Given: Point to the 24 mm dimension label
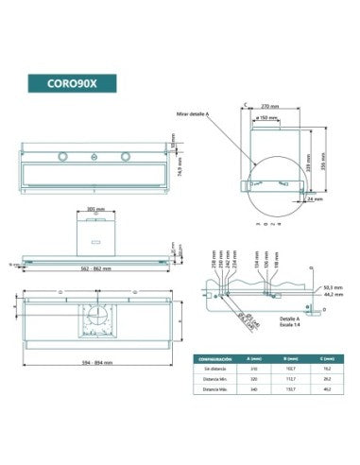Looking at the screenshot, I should (315, 199).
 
